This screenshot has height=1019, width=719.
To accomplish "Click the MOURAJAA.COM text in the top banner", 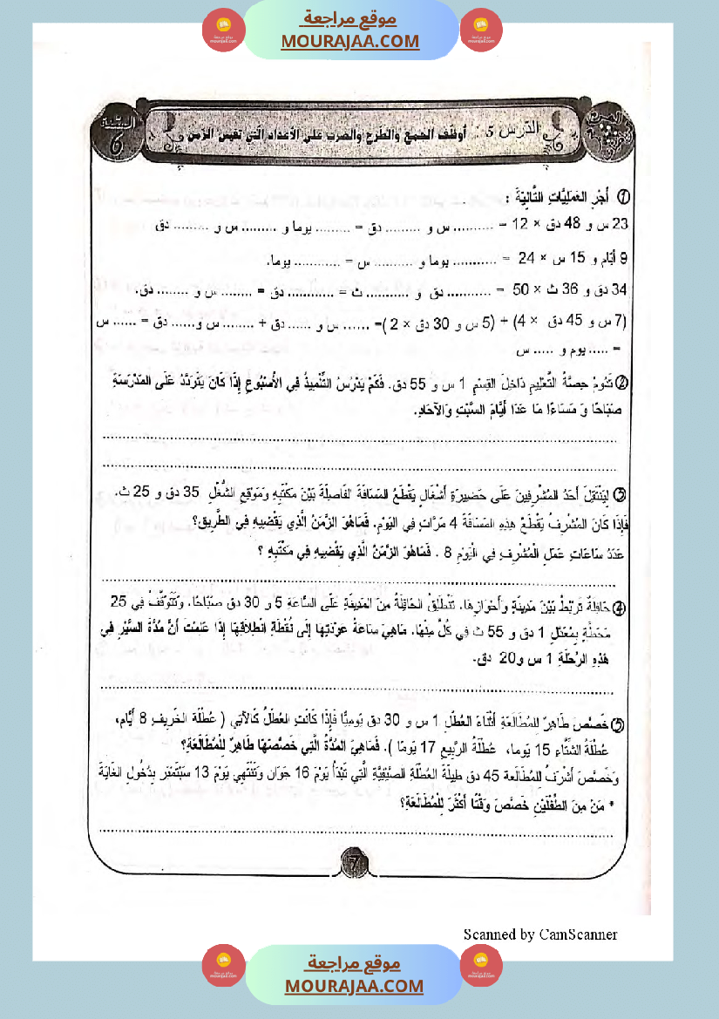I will [x=349, y=41].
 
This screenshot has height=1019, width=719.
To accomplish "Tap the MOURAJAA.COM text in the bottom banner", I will [x=354, y=986].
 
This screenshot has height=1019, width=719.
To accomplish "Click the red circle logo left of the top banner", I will [x=224, y=31].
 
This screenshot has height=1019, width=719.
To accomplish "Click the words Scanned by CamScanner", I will [x=540, y=934].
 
